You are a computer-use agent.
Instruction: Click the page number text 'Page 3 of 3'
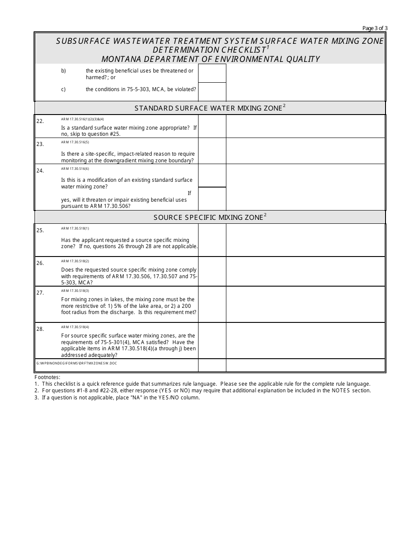tap(375, 28)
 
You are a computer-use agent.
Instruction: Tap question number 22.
tap(40, 121)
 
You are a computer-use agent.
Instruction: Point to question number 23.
tap(40, 144)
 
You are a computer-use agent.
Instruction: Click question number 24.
tap(40, 170)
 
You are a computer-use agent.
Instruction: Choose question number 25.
tap(40, 230)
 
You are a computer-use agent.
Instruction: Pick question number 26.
tap(40, 263)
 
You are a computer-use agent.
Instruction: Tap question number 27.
tap(40, 293)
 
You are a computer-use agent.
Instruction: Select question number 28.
tap(40, 329)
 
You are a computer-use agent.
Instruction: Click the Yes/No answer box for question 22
tap(212, 126)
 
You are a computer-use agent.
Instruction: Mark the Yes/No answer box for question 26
tap(212, 271)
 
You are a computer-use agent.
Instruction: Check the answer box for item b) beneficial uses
tap(212, 73)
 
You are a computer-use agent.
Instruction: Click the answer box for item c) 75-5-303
tap(212, 92)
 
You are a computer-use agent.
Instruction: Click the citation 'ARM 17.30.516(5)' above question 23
tap(75, 142)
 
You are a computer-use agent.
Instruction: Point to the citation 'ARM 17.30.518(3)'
tap(75, 291)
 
